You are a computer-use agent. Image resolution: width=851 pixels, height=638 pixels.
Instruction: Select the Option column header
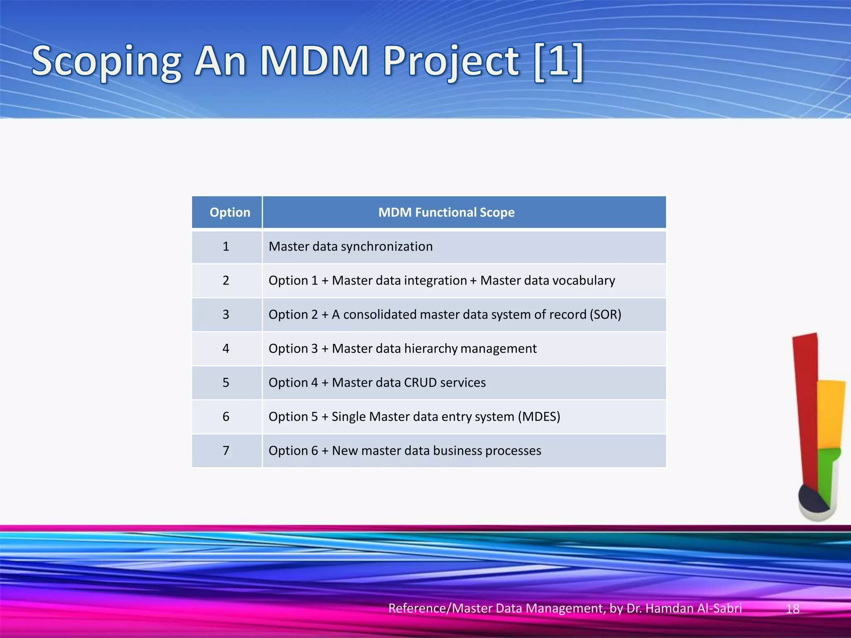[230, 212]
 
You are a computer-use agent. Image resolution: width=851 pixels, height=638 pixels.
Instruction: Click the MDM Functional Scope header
[446, 212]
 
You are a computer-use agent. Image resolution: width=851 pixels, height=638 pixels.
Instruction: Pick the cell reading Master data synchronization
[351, 246]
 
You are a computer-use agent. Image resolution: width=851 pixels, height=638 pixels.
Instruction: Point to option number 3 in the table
[226, 314]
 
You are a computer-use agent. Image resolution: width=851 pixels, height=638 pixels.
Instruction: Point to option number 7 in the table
[226, 451]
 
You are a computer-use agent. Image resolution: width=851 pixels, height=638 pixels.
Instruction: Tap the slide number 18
[792, 609]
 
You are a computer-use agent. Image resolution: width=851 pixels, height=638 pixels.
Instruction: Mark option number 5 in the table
[226, 383]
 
